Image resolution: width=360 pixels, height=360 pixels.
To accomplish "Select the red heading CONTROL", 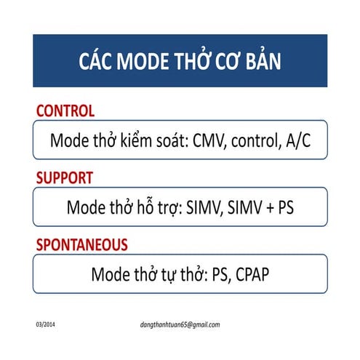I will (65, 111).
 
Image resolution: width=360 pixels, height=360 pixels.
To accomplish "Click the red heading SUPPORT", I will (65, 177).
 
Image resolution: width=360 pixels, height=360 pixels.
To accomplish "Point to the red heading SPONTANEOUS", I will (81, 244).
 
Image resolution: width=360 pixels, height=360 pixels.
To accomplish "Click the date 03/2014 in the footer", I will (46, 324).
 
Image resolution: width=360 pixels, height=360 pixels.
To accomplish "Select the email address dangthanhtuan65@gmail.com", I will (180, 324).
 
